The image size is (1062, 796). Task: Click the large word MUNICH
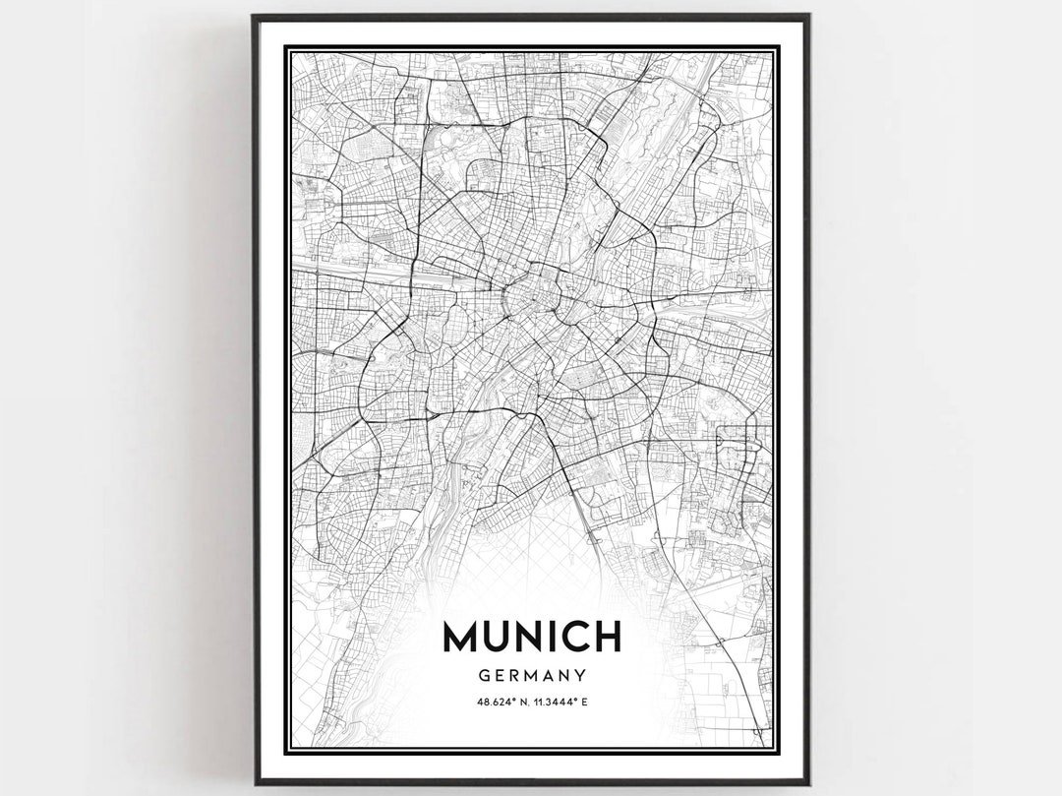(x=532, y=637)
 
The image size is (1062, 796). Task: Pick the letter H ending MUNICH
(x=607, y=637)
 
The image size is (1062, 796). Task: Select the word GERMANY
(x=532, y=676)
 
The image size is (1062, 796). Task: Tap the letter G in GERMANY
(x=483, y=676)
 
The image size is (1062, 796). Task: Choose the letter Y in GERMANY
(x=581, y=676)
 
